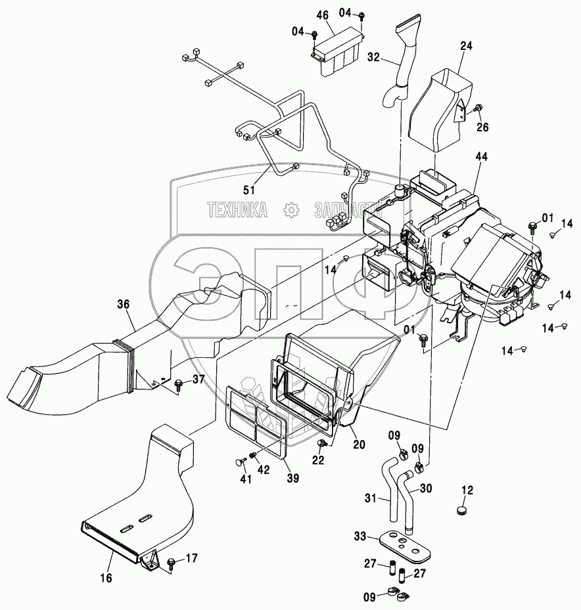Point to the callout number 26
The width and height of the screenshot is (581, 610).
(x=483, y=127)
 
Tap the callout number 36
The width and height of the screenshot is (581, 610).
(x=124, y=304)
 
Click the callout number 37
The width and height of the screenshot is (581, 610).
(x=198, y=380)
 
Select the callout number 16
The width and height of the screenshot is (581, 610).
(x=106, y=578)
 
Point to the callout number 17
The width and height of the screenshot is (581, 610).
(x=191, y=559)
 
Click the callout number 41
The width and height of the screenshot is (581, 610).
(x=246, y=480)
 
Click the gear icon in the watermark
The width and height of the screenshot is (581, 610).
(x=290, y=210)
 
